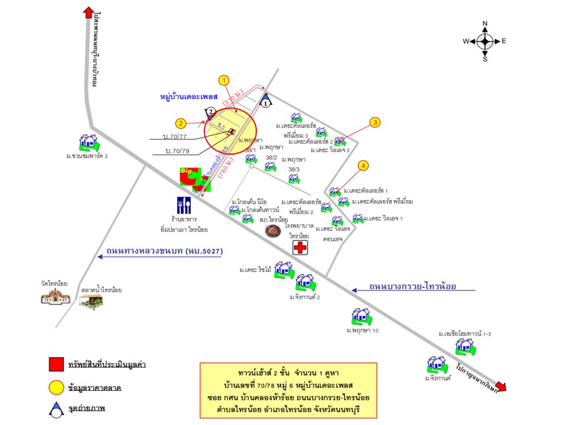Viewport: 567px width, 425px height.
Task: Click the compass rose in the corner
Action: coord(485,41)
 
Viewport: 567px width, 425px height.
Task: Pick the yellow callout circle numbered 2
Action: coord(181,123)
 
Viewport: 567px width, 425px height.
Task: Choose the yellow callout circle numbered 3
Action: coord(374,123)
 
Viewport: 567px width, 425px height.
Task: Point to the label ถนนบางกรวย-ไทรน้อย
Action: coord(414,287)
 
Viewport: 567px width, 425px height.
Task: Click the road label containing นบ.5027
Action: coord(164,251)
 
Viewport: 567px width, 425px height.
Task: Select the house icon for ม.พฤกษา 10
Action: coord(361,317)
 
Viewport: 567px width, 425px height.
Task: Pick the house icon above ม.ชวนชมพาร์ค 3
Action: coord(89,142)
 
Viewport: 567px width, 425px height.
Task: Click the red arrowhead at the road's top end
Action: coord(89,13)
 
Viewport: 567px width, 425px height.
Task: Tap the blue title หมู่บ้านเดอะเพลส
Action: coord(189,96)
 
